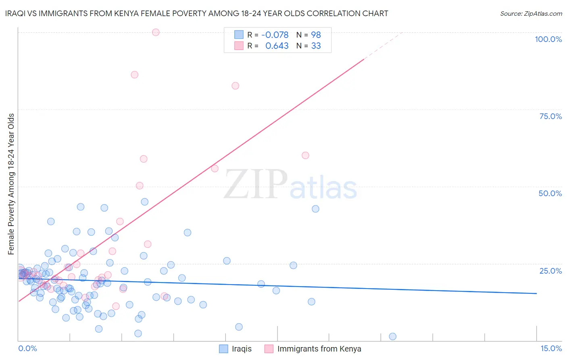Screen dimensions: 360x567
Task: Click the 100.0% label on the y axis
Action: tap(548, 39)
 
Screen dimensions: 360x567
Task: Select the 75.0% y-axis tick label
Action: tap(550, 116)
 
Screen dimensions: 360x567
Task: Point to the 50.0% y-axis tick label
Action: tap(550, 193)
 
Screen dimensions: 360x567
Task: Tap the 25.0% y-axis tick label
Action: tap(550, 270)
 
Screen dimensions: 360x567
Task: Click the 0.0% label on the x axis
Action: tap(27, 348)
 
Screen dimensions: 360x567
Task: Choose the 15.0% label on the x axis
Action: tap(551, 348)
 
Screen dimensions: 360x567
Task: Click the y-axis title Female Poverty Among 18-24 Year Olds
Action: tap(11, 184)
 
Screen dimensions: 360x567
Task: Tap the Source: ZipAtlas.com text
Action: tap(531, 13)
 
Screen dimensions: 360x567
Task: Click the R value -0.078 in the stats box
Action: tap(275, 35)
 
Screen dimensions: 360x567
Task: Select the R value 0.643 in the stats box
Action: tap(277, 46)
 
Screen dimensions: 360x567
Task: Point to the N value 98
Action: tap(316, 35)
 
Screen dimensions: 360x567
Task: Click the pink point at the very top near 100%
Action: tap(156, 32)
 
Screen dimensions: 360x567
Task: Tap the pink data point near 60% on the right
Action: tap(305, 155)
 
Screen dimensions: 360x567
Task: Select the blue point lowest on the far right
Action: tap(392, 337)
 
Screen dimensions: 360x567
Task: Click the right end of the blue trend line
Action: tap(536, 293)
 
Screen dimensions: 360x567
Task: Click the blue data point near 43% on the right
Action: tap(315, 209)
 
